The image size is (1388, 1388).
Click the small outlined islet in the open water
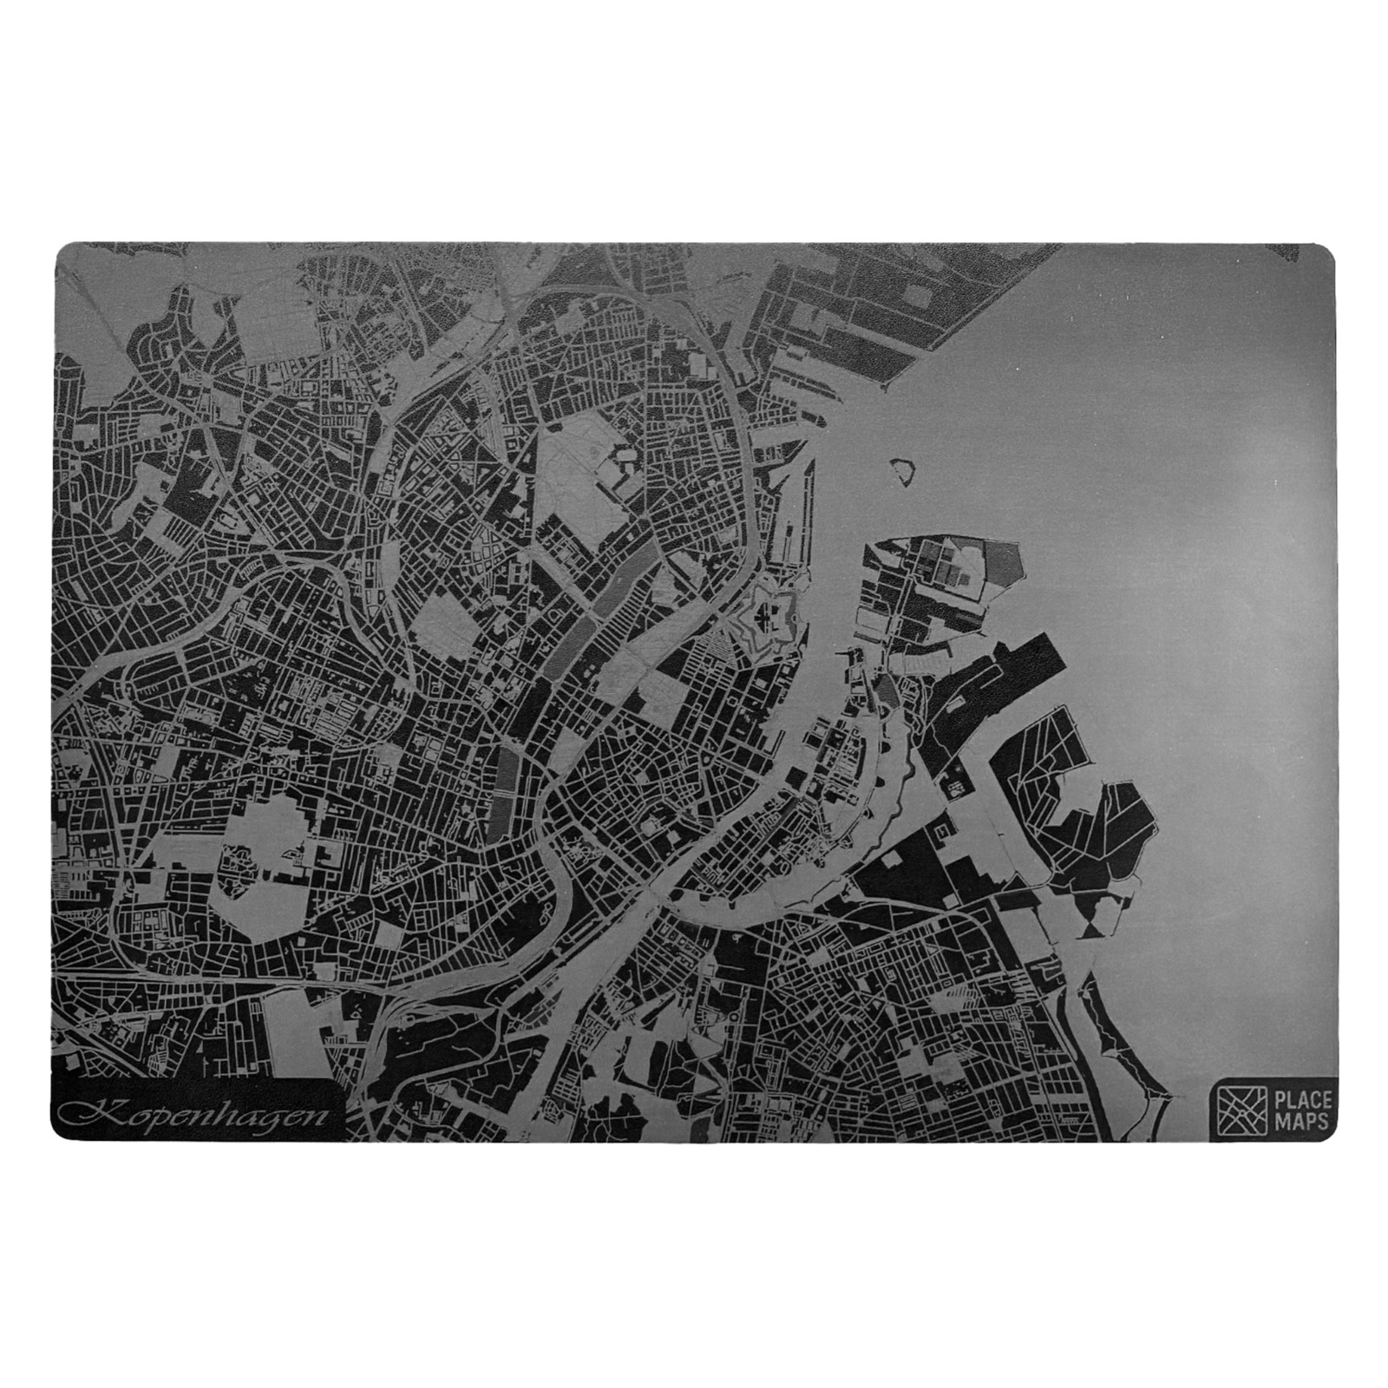(x=903, y=471)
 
